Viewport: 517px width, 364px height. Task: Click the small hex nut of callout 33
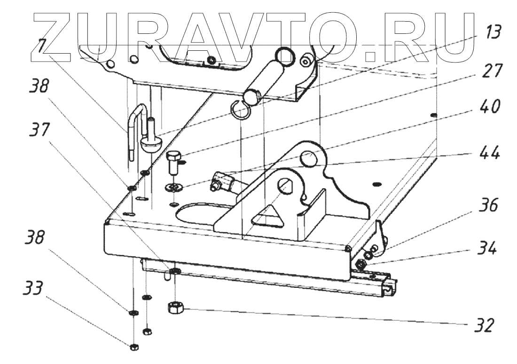pos(133,347)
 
